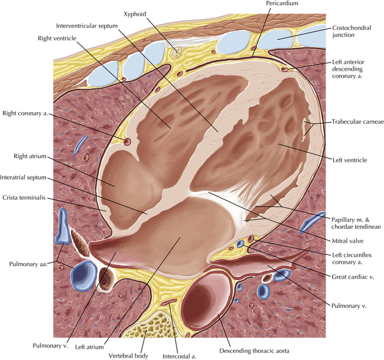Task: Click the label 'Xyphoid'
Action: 135,14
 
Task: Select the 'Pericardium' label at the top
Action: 282,4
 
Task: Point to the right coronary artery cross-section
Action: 128,141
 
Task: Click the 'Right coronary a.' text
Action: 25,113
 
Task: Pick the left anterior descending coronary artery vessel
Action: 285,69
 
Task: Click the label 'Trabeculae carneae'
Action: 357,122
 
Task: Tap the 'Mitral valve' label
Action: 347,241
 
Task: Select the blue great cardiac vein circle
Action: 240,244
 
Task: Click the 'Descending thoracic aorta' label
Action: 254,351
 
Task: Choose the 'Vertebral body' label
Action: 129,356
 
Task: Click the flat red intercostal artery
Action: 168,302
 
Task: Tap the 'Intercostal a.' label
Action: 180,356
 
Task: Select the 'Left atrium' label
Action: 89,347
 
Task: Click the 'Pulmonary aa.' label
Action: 28,264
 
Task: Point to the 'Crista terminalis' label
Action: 24,198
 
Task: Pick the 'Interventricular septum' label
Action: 87,26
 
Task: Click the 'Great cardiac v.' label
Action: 353,277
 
